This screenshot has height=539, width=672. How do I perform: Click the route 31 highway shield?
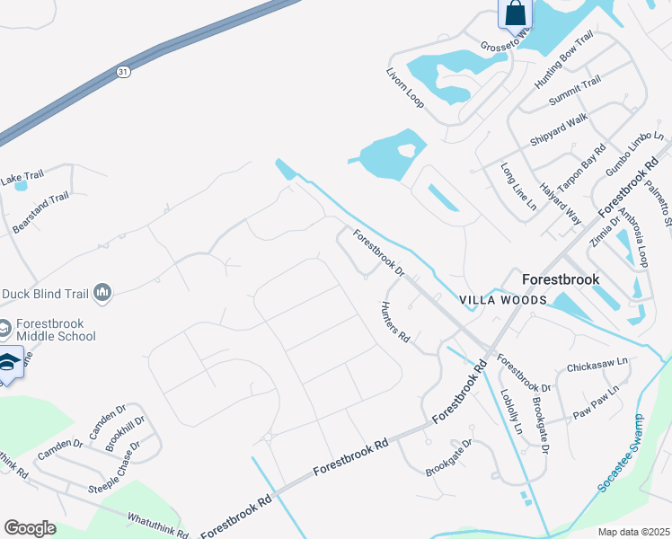122,71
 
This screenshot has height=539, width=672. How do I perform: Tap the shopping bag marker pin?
516,13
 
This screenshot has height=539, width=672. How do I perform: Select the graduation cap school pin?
10,363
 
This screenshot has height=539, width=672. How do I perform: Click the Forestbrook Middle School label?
53,330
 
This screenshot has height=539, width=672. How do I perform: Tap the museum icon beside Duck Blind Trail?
102,292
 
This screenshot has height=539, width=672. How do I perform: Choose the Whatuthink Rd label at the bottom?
158,525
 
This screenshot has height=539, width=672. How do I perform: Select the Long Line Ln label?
518,187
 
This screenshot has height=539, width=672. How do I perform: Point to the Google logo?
31,527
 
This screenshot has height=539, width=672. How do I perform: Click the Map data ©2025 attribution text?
633,531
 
